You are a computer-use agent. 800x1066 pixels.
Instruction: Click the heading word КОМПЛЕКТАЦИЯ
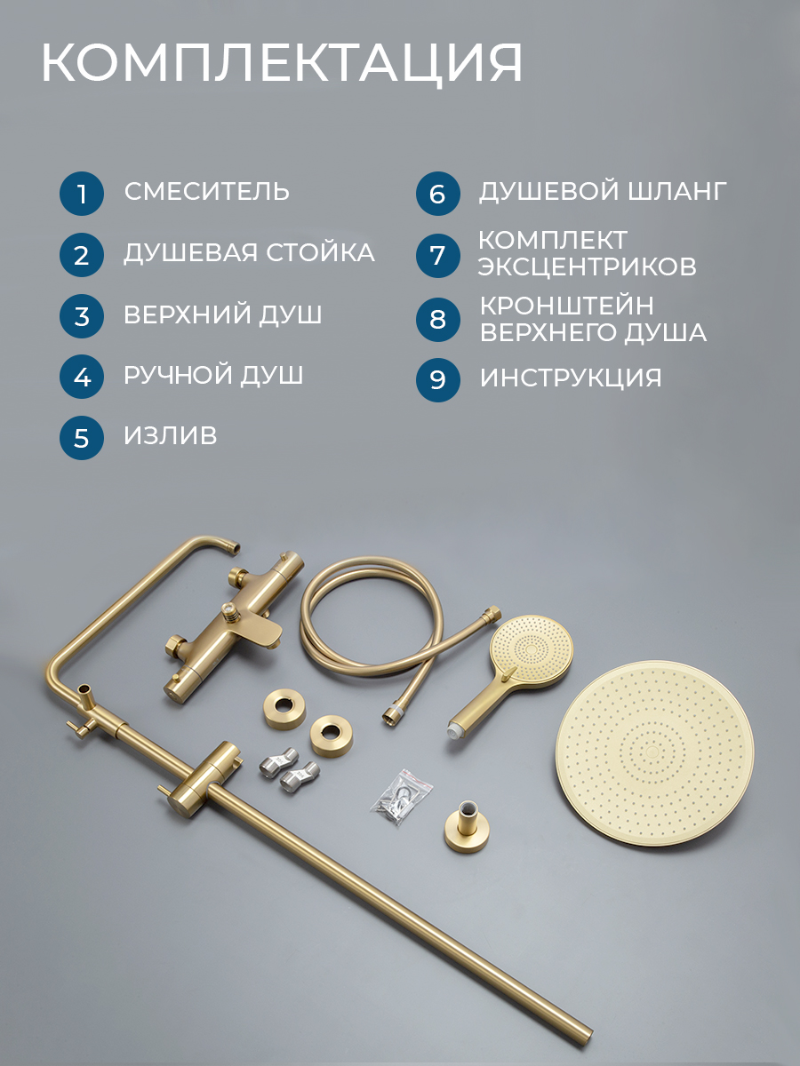click(282, 63)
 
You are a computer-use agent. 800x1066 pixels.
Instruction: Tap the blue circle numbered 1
click(82, 194)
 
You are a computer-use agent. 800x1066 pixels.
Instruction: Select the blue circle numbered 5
click(82, 438)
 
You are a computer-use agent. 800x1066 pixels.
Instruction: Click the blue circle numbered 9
click(437, 380)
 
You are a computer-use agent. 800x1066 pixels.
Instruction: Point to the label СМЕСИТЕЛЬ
click(207, 191)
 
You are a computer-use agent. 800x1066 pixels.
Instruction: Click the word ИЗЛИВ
click(170, 435)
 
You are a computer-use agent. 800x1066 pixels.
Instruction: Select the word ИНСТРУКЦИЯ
click(571, 378)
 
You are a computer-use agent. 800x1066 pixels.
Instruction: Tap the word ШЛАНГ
click(677, 191)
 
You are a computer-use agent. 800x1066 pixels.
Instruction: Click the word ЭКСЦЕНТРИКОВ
click(587, 266)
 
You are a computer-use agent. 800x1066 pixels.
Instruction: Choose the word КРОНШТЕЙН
click(567, 306)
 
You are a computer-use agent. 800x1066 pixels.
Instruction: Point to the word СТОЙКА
click(320, 252)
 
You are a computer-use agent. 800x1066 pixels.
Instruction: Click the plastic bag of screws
click(402, 797)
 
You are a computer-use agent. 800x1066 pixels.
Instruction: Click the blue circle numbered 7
click(437, 256)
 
